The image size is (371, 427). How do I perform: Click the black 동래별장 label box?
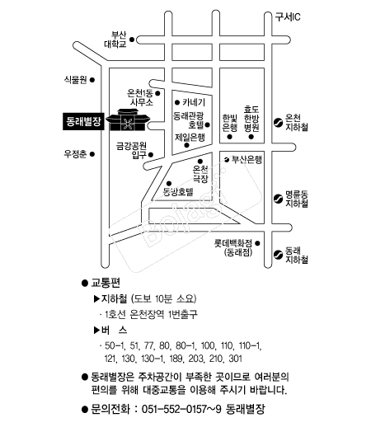pos(83,121)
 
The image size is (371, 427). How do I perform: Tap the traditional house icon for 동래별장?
pos(128,120)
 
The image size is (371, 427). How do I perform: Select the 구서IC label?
pos(288,17)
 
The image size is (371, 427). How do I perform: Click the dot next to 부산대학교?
pos(132,40)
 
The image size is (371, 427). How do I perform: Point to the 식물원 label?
pos(75,80)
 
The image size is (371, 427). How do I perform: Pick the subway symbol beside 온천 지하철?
pos(278,123)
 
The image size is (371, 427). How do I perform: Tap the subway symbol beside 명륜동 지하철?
pos(278,199)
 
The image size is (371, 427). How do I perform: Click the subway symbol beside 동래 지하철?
pos(278,255)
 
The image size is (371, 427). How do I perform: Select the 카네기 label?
pos(194,102)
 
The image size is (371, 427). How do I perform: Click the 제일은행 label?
pos(190,137)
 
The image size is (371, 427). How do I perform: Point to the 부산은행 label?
pos(247,159)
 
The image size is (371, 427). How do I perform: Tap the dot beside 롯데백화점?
pos(257,243)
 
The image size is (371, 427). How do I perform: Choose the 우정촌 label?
pos(75,154)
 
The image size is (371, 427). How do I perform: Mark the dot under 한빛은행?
pos(230,137)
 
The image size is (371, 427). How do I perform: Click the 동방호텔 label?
pos(178,191)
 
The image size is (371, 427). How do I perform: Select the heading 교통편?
pos(106,283)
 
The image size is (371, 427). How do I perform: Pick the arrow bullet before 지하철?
pos(96,298)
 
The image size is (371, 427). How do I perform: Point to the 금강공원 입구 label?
pos(132,150)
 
